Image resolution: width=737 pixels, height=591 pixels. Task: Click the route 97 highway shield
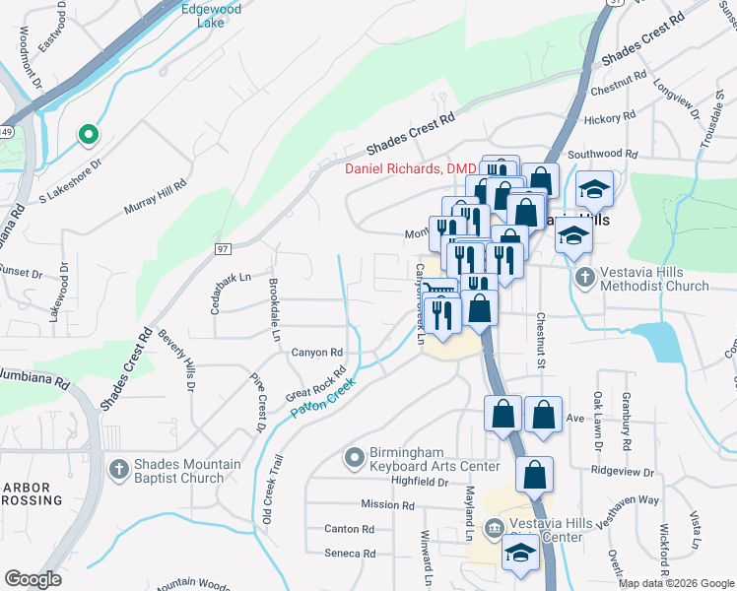[x=224, y=249]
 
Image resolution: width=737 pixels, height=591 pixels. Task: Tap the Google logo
[x=33, y=579]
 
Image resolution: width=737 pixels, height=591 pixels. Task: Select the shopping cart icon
[x=440, y=287]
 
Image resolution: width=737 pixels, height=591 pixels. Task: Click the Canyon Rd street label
[x=316, y=352]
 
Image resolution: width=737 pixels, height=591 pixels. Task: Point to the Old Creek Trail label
[x=271, y=489]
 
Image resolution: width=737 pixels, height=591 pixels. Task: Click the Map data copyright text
[x=676, y=583]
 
